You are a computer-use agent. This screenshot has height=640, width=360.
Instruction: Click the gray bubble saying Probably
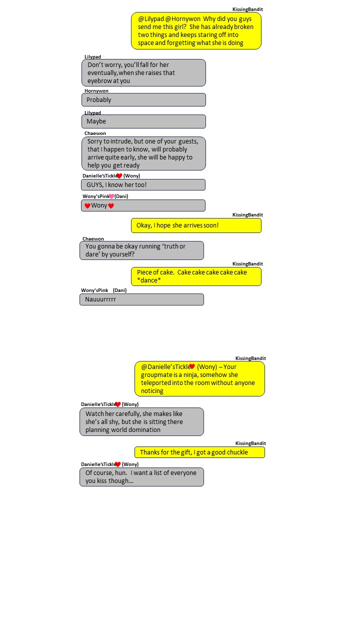(143, 99)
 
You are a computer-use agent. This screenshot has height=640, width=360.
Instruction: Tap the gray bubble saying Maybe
(143, 121)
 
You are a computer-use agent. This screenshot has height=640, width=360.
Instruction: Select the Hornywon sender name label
(96, 91)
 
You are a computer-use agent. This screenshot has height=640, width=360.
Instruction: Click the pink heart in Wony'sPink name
(111, 196)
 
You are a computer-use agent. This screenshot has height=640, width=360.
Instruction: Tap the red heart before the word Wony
(87, 205)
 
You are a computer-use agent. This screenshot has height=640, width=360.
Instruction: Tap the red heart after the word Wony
(111, 205)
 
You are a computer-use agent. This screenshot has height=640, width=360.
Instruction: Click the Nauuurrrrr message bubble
(141, 299)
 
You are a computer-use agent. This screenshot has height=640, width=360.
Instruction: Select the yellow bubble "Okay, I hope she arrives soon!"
(196, 225)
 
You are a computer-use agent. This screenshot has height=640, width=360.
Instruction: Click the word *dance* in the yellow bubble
(149, 280)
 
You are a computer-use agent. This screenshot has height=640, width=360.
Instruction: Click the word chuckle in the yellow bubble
(237, 452)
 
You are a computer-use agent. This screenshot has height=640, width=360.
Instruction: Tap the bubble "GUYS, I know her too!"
(143, 185)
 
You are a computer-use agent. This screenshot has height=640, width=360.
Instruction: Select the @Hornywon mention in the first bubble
(183, 19)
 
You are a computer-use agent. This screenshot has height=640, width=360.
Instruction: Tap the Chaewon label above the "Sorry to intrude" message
(95, 133)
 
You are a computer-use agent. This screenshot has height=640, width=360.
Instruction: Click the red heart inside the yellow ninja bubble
(192, 366)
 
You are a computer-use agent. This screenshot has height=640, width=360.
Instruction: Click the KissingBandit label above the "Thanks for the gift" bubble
(250, 443)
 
